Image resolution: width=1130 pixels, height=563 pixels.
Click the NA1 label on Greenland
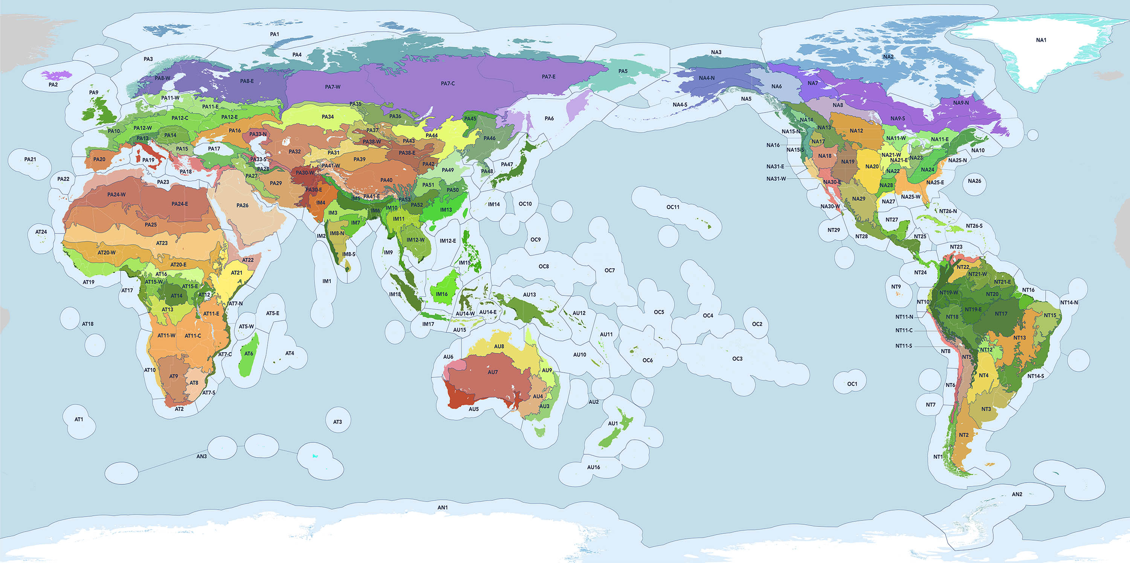(1041, 40)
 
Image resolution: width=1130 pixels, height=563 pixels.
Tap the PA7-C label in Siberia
(447, 83)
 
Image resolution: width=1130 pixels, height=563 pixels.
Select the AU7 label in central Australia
(493, 372)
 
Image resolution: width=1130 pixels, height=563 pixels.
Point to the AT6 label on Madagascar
(249, 353)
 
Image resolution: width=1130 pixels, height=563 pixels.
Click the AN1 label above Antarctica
(443, 507)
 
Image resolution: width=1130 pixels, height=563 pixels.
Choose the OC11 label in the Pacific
(673, 207)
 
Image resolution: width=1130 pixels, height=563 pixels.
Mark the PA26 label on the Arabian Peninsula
(242, 205)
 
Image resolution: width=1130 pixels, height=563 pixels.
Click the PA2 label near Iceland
(53, 85)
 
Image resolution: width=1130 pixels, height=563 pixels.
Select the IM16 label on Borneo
(442, 294)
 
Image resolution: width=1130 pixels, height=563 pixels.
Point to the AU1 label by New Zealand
(613, 424)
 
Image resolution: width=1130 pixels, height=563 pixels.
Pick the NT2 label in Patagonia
(964, 435)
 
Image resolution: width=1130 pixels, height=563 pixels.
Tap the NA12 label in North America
(856, 131)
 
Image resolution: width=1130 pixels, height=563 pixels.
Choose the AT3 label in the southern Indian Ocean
(337, 422)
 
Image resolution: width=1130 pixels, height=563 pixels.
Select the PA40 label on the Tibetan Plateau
(386, 180)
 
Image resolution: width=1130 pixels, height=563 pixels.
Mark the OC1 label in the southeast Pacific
(852, 384)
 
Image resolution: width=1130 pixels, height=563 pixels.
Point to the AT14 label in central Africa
(176, 296)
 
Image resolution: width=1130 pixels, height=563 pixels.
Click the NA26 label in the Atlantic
(974, 181)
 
